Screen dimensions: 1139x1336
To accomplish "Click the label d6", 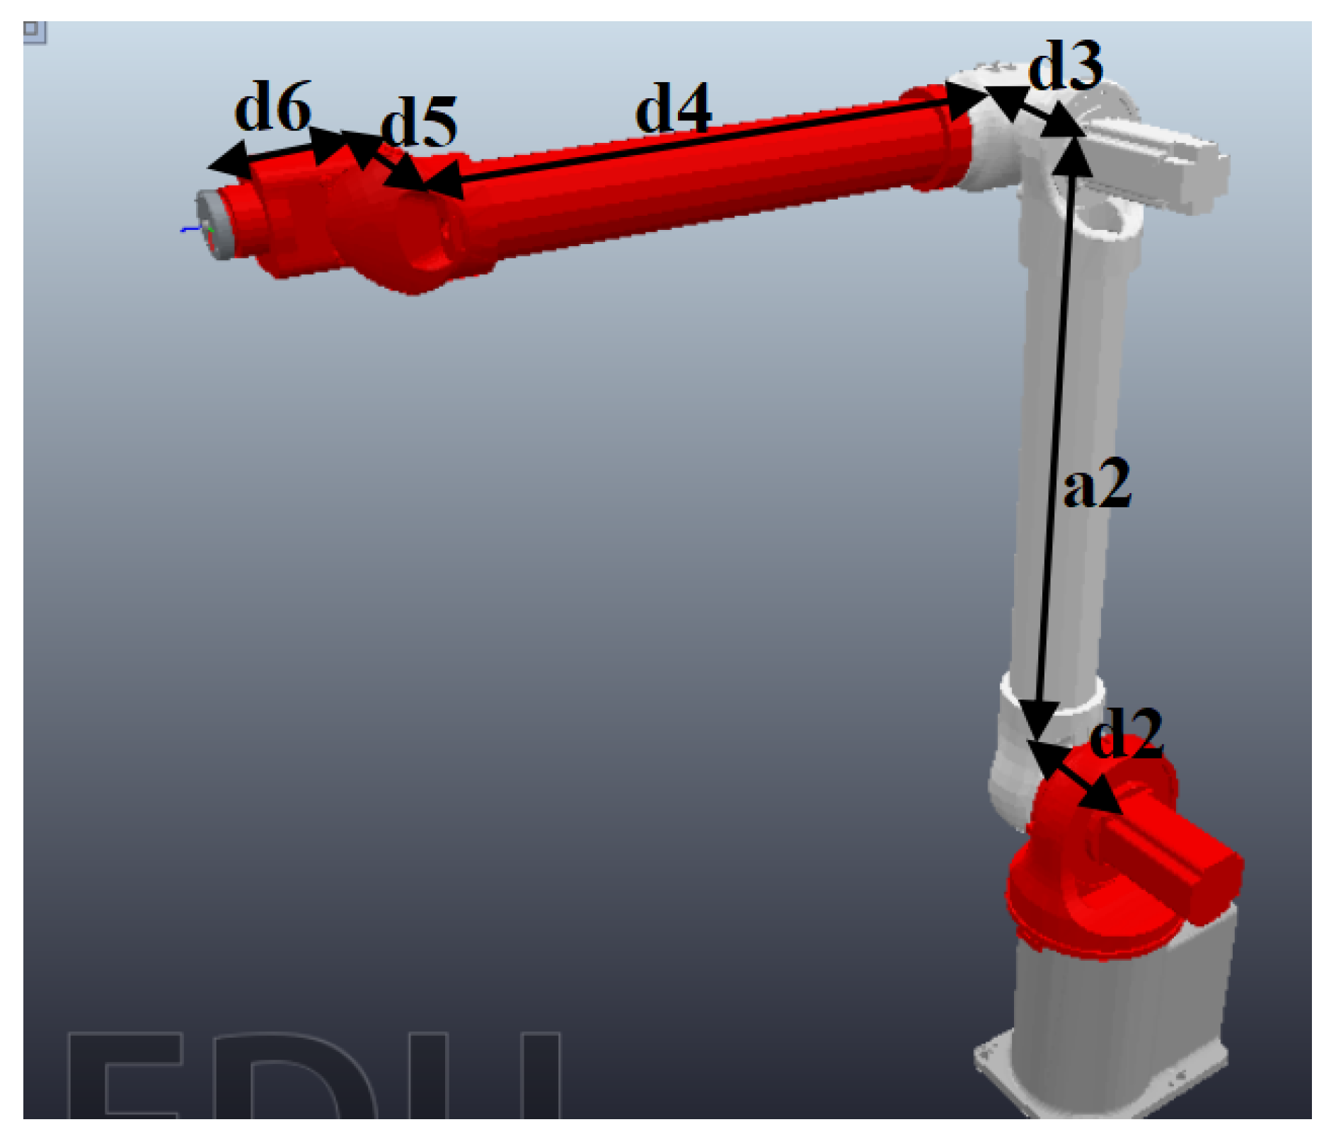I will (x=272, y=108).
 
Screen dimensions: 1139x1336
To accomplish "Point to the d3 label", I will (x=1065, y=65).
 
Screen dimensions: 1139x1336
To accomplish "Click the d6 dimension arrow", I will (x=280, y=152).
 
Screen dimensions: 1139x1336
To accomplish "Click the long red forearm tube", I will (x=708, y=184).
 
